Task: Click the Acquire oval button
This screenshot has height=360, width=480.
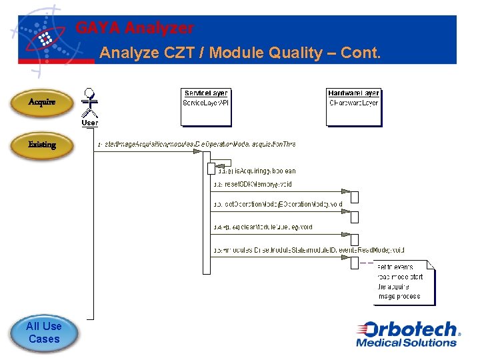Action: [41, 102]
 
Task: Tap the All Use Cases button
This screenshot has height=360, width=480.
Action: [43, 333]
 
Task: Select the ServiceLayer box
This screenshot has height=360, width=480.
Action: [206, 106]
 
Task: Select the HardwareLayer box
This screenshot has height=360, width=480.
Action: [353, 106]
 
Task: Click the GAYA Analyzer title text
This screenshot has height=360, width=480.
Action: [135, 28]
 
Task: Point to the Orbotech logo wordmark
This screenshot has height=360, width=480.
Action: [407, 329]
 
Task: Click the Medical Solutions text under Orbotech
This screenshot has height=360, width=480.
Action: [406, 343]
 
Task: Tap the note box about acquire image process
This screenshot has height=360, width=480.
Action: [403, 282]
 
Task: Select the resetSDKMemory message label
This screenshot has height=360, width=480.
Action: [252, 184]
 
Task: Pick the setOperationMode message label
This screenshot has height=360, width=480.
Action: [277, 204]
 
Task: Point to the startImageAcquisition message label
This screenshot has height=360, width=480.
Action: [197, 144]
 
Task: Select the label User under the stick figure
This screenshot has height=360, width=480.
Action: [90, 123]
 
